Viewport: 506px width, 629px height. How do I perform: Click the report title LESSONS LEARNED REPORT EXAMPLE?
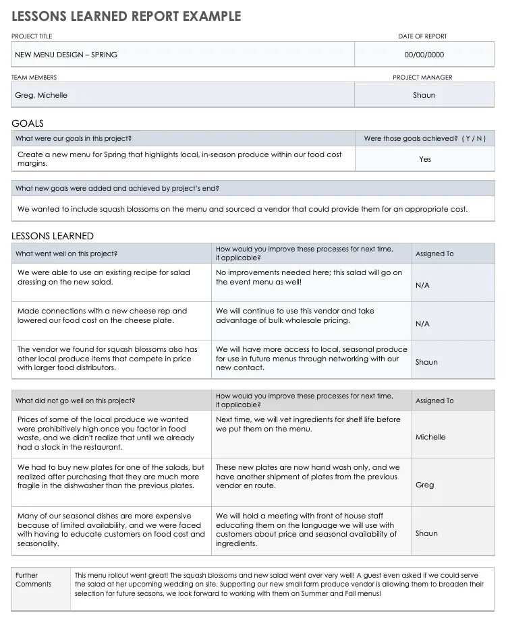(x=126, y=16)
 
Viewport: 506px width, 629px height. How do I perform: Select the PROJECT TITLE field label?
(x=32, y=36)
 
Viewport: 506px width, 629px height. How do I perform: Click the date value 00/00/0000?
(x=424, y=55)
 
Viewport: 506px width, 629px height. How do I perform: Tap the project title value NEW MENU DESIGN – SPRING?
(x=66, y=55)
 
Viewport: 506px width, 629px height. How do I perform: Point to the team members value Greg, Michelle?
(x=41, y=95)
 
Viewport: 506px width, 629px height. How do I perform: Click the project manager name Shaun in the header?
(x=424, y=95)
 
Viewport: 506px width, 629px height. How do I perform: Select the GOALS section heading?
(x=28, y=123)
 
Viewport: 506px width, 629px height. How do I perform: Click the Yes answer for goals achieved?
(x=425, y=159)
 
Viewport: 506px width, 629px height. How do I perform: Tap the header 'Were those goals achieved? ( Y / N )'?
(x=424, y=138)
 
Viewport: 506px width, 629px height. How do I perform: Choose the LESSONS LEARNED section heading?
(x=53, y=236)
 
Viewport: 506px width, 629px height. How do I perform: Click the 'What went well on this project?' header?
(x=66, y=253)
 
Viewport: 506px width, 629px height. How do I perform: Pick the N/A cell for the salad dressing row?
(x=422, y=285)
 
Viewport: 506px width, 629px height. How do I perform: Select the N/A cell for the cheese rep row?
(x=422, y=324)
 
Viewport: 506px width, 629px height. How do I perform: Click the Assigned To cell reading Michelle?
(x=430, y=437)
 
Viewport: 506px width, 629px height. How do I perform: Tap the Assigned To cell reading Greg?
(x=425, y=485)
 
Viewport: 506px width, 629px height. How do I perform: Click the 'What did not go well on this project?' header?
(x=75, y=400)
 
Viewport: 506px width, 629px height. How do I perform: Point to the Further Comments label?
(x=33, y=580)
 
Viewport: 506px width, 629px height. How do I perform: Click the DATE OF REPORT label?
(x=422, y=36)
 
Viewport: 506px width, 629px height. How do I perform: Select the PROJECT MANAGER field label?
(x=422, y=78)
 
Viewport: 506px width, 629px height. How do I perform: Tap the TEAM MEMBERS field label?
(x=34, y=78)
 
